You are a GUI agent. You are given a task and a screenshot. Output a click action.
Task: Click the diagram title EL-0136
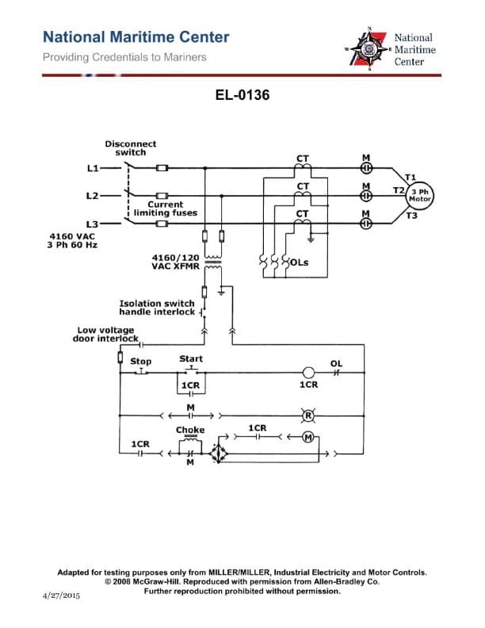tap(242, 95)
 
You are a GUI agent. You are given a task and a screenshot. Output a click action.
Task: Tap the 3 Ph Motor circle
tap(420, 195)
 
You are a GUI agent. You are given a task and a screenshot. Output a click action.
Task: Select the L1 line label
tap(92, 168)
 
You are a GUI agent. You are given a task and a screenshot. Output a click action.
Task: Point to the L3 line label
tap(92, 224)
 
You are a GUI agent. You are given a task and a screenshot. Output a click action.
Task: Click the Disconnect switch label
tap(131, 148)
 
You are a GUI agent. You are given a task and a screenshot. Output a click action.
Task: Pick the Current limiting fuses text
tap(166, 209)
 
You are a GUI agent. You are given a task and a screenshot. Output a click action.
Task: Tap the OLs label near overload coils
tap(300, 262)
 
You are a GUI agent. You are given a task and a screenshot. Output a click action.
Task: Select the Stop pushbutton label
tap(140, 362)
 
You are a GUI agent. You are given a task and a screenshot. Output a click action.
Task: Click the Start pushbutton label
tap(191, 358)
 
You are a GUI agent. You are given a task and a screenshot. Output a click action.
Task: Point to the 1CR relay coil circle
tap(309, 372)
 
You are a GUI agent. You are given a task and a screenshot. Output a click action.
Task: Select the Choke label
tap(190, 430)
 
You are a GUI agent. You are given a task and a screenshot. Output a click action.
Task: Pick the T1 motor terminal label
tap(411, 176)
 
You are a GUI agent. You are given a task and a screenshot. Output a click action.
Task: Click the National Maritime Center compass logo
tap(368, 49)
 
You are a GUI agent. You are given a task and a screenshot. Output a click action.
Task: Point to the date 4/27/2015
tap(61, 595)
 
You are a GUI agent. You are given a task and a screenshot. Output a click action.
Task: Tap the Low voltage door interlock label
tap(106, 334)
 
